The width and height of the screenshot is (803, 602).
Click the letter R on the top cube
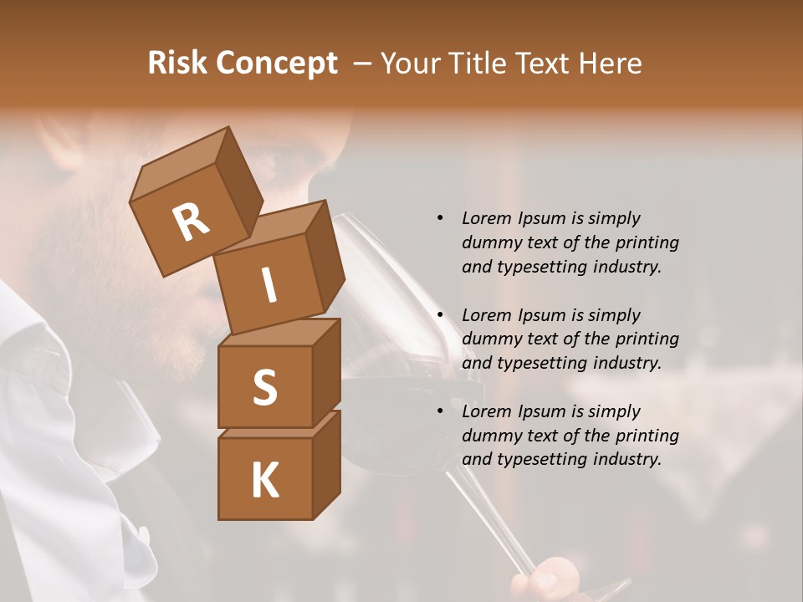tap(191, 222)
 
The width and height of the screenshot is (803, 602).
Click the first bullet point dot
tap(440, 218)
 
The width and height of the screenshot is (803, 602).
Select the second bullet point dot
tap(440, 315)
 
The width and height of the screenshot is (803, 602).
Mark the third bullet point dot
tap(440, 411)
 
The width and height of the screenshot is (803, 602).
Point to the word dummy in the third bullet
tap(489, 436)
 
